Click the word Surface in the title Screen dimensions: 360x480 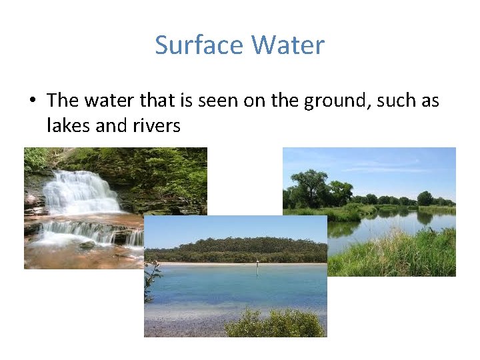(199, 45)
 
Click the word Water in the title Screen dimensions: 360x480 (288, 45)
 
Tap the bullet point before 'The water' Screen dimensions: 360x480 (31, 101)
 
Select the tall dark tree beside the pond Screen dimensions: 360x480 (310, 187)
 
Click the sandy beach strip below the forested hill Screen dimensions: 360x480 (233, 264)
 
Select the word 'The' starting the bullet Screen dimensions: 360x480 (63, 101)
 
